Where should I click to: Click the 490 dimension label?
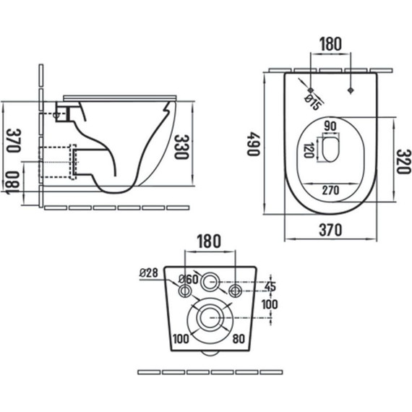254,144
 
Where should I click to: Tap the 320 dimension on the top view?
403,161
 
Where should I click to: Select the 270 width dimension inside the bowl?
331,190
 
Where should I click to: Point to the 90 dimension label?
330,126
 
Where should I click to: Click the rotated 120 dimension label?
309,150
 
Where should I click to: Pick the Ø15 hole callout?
312,102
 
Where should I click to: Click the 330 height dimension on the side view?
181,147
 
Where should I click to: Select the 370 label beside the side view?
13,140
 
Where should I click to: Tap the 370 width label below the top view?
330,230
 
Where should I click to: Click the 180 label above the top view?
330,44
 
